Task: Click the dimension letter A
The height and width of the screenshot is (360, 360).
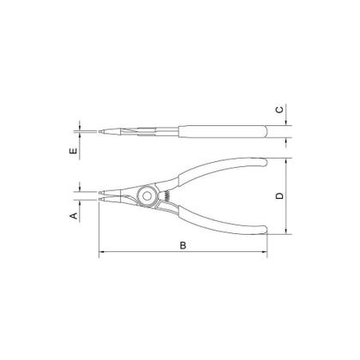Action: pyautogui.click(x=75, y=216)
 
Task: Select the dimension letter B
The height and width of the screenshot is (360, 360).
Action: pyautogui.click(x=183, y=246)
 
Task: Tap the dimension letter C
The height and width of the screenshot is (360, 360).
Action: pyautogui.click(x=280, y=110)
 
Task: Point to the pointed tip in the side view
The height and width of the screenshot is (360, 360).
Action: pyautogui.click(x=104, y=131)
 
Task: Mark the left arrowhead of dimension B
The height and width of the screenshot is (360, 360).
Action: pyautogui.click(x=104, y=253)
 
